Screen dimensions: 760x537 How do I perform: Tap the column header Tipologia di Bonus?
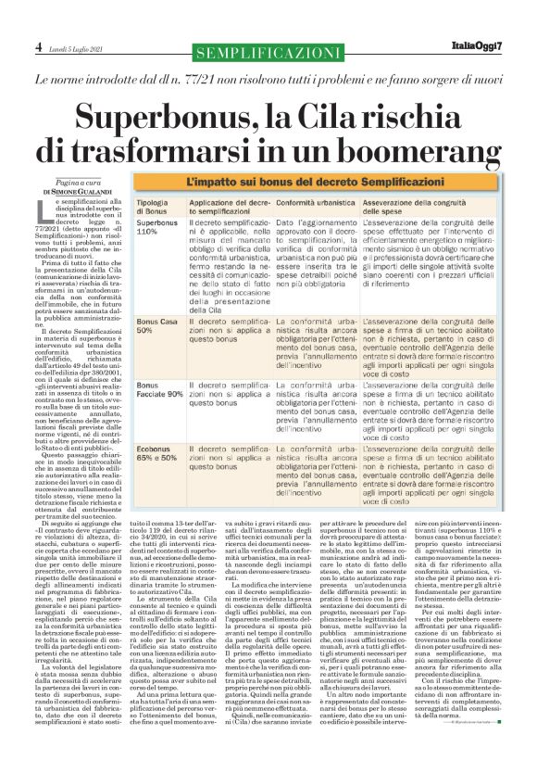pyautogui.click(x=153, y=206)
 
